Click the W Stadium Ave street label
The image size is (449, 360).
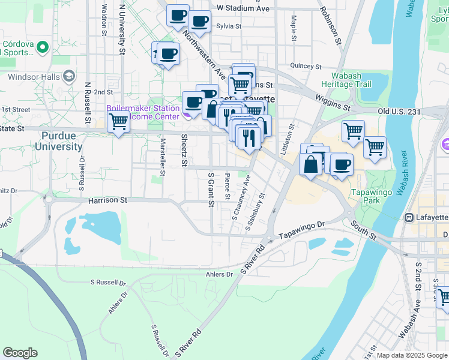243,8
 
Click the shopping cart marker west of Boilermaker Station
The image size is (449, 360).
118,122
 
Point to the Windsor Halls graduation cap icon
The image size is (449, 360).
69,76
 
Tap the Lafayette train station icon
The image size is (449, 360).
409,217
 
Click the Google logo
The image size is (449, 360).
20,353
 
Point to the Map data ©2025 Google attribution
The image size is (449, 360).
412,355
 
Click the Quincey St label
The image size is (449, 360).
302,65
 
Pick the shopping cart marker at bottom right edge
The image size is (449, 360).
443,296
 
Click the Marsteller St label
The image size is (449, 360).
162,155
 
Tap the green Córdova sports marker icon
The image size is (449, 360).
42,46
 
